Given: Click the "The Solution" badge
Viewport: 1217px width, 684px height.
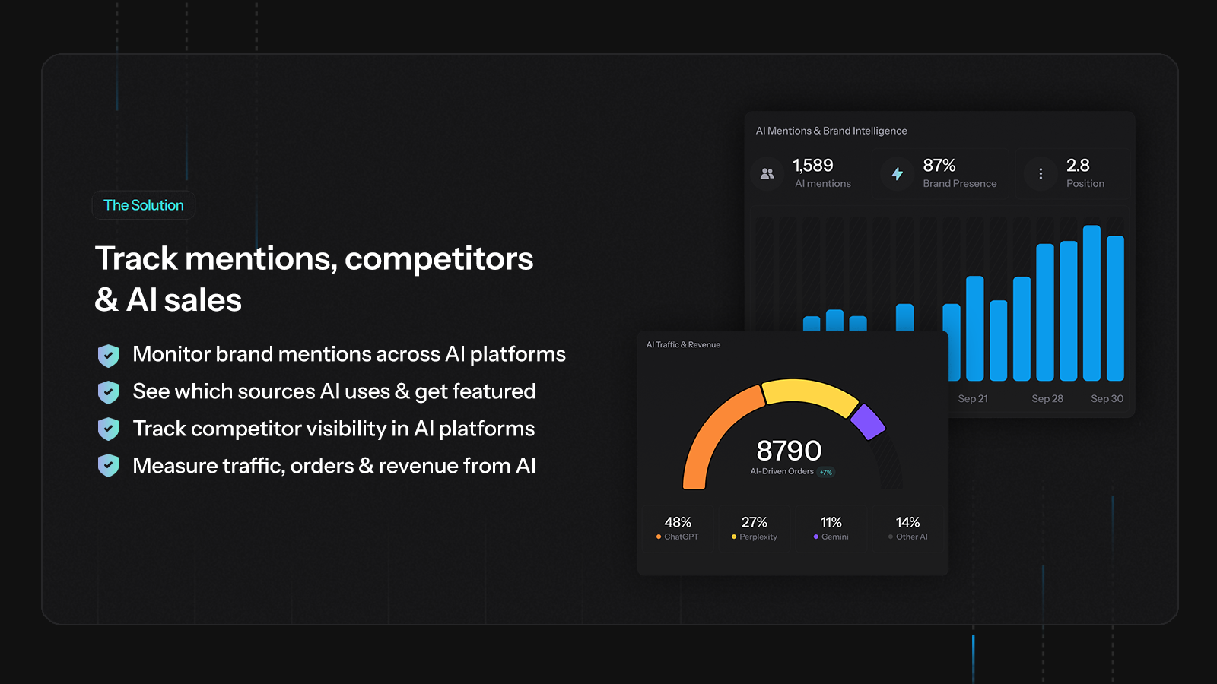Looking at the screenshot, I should pos(144,205).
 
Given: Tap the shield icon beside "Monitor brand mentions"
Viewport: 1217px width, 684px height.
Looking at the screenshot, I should pos(109,355).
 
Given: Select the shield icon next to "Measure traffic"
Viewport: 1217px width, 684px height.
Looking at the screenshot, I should pos(109,466).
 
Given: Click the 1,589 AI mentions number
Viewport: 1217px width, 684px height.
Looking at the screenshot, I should pos(812,166).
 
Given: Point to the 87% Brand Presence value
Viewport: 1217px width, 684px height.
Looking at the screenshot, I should pos(939,166).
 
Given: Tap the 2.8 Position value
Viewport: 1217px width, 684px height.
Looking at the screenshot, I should pos(1078,166).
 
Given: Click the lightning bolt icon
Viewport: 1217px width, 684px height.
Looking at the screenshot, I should pos(898,174).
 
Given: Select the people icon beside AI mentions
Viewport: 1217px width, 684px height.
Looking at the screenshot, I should pos(767,174).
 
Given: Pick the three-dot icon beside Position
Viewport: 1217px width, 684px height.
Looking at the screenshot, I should pos(1041,174).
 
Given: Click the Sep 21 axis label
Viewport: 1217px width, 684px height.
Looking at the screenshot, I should pos(973,399).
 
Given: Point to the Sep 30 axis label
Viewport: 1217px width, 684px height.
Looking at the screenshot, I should pos(1107,399).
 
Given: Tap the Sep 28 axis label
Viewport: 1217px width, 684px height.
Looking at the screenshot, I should pos(1047,399).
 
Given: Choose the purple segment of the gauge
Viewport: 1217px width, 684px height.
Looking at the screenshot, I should pos(867,421).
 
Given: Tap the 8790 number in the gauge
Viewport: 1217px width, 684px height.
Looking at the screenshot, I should pos(789,451).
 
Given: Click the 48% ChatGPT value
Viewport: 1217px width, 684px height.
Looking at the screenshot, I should pos(678,522).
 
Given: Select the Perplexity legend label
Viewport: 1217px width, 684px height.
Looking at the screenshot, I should pos(758,537).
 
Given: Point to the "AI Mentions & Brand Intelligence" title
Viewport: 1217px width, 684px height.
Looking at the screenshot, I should pos(831,131).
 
